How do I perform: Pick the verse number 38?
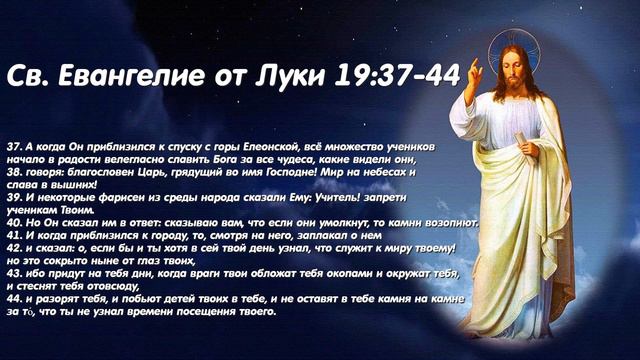pyautogui.click(x=13, y=171)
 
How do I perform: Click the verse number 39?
pyautogui.click(x=13, y=197)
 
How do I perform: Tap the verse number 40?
pyautogui.click(x=13, y=222)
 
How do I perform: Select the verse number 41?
pyautogui.click(x=13, y=235)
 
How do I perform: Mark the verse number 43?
pyautogui.click(x=13, y=273)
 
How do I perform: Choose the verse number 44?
pyautogui.click(x=13, y=298)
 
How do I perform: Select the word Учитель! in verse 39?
pyautogui.click(x=327, y=197)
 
